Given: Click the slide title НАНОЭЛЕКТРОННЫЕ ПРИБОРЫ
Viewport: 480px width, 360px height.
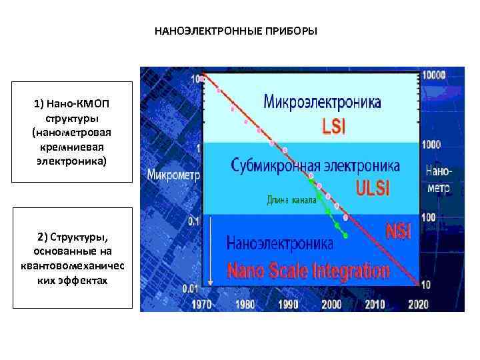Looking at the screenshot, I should pos(236,31).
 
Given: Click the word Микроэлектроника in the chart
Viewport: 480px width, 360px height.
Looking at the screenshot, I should pos(323,103).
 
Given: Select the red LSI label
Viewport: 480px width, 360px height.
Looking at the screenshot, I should pos(333,125).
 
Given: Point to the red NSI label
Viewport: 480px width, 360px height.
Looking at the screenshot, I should pos(399,231).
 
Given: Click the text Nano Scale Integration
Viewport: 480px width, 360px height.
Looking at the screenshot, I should pos(308,271).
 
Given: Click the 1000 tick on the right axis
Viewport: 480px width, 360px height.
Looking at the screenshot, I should pos(433,145).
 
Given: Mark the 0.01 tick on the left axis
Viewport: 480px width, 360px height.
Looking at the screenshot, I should pos(191,288).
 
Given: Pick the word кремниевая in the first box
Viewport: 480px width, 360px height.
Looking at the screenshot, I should pos(73,145).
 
